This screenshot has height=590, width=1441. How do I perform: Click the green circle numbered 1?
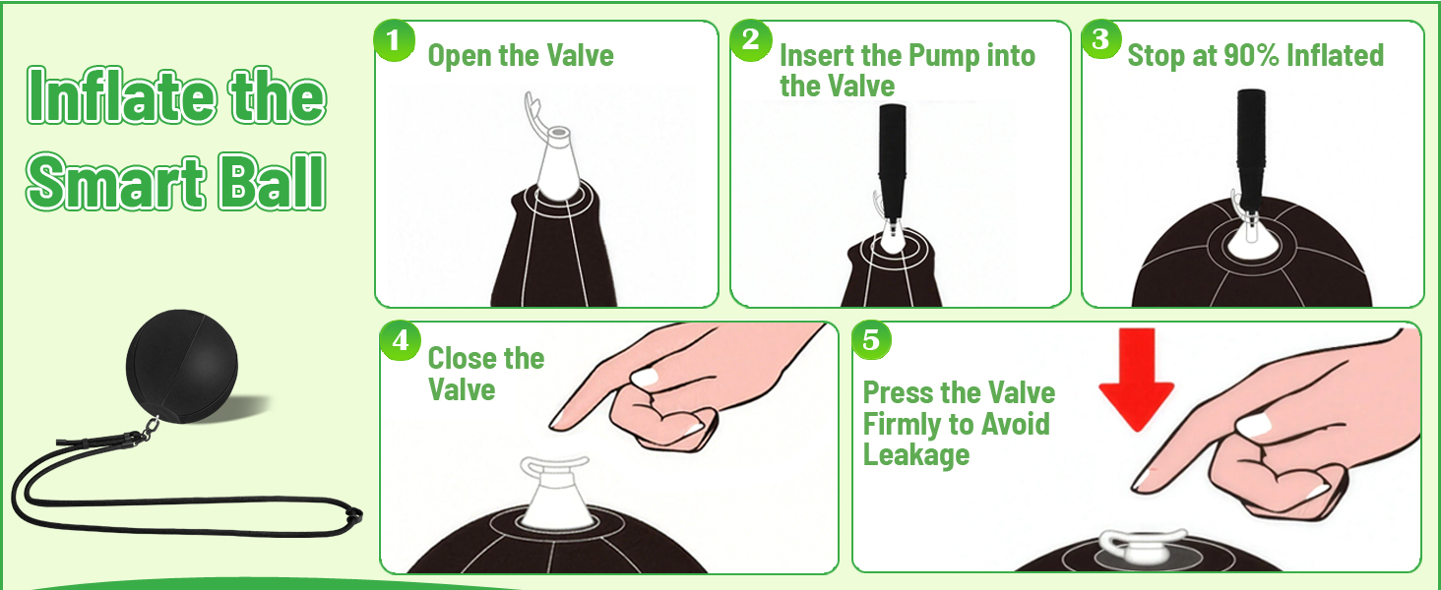395,41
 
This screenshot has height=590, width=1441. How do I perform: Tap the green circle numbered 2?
751,41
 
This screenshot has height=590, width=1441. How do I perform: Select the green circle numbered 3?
1100,39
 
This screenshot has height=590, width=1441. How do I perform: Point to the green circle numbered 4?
401,340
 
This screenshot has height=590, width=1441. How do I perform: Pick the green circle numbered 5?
871,339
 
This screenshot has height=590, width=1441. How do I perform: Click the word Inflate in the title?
121,95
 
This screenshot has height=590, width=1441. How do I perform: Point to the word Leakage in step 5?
916,455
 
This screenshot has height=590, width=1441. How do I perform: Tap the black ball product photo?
182,366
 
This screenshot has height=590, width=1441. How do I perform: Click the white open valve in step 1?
557,161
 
